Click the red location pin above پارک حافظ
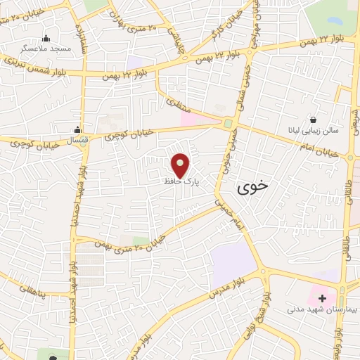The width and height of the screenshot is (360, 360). (x=181, y=165)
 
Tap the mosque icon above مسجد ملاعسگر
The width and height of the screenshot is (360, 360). (x=46, y=39)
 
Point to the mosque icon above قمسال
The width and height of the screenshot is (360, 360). (x=79, y=129)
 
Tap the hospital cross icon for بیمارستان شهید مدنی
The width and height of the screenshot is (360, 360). (x=322, y=298)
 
